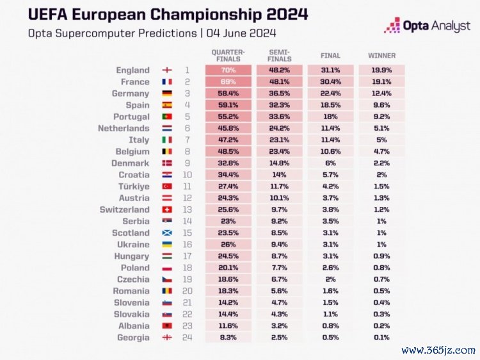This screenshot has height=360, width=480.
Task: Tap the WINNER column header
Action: click(x=381, y=55)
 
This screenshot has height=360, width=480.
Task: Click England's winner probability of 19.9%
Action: click(x=381, y=70)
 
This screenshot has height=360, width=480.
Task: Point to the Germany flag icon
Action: click(x=167, y=94)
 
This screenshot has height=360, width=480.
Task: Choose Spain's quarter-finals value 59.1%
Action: click(x=228, y=105)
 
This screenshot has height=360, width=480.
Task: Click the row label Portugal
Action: click(x=132, y=117)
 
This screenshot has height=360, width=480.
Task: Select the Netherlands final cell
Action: click(x=330, y=128)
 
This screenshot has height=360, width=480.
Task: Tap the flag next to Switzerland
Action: click(x=167, y=209)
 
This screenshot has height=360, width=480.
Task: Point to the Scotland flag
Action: click(x=167, y=233)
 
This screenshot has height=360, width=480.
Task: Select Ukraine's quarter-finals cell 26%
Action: click(x=228, y=245)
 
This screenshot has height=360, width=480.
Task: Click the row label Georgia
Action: click(x=133, y=338)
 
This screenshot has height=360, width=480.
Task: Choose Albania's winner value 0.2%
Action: click(x=381, y=326)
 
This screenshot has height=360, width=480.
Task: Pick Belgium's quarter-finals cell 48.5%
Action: click(x=228, y=152)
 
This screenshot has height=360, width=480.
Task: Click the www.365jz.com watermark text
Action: click(x=438, y=350)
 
